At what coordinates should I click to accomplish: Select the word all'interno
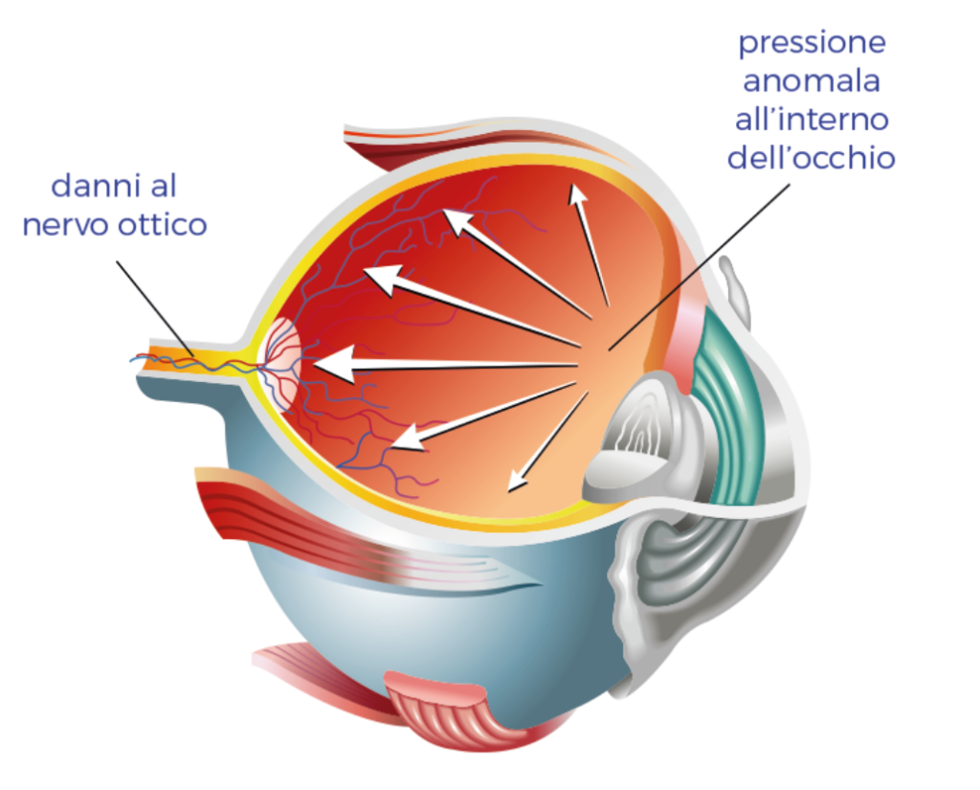[x=812, y=120]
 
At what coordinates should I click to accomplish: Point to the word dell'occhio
[x=812, y=157]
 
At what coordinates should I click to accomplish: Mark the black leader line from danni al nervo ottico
[x=153, y=306]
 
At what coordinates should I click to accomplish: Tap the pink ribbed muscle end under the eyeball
[x=450, y=709]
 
